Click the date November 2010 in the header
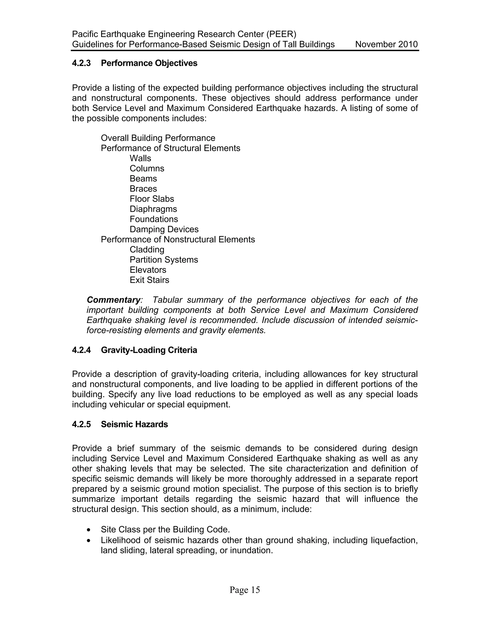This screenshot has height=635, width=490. tap(386, 45)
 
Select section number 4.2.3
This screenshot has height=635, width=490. tap(81, 63)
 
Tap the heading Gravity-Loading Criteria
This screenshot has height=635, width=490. tap(149, 350)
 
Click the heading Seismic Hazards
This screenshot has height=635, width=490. tap(134, 425)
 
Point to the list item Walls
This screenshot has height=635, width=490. tap(140, 158)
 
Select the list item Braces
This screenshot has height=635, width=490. tap(143, 189)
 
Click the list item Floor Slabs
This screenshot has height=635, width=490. tap(152, 199)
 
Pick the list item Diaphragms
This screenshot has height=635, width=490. tap(153, 209)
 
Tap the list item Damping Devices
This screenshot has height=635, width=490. tap(164, 229)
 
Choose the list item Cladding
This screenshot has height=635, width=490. tap(147, 249)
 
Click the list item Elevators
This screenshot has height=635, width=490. tap(148, 270)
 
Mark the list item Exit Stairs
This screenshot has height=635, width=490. tap(149, 280)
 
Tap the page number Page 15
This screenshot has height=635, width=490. tap(245, 590)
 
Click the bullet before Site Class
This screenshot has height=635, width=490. tap(89, 530)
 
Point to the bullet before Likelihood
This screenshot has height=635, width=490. tap(89, 541)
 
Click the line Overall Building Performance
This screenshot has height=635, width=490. tap(158, 138)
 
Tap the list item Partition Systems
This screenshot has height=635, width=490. tap(164, 260)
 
